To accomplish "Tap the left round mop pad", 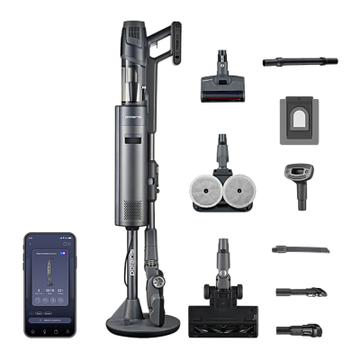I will click(206, 191).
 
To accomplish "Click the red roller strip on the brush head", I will click(222, 91).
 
